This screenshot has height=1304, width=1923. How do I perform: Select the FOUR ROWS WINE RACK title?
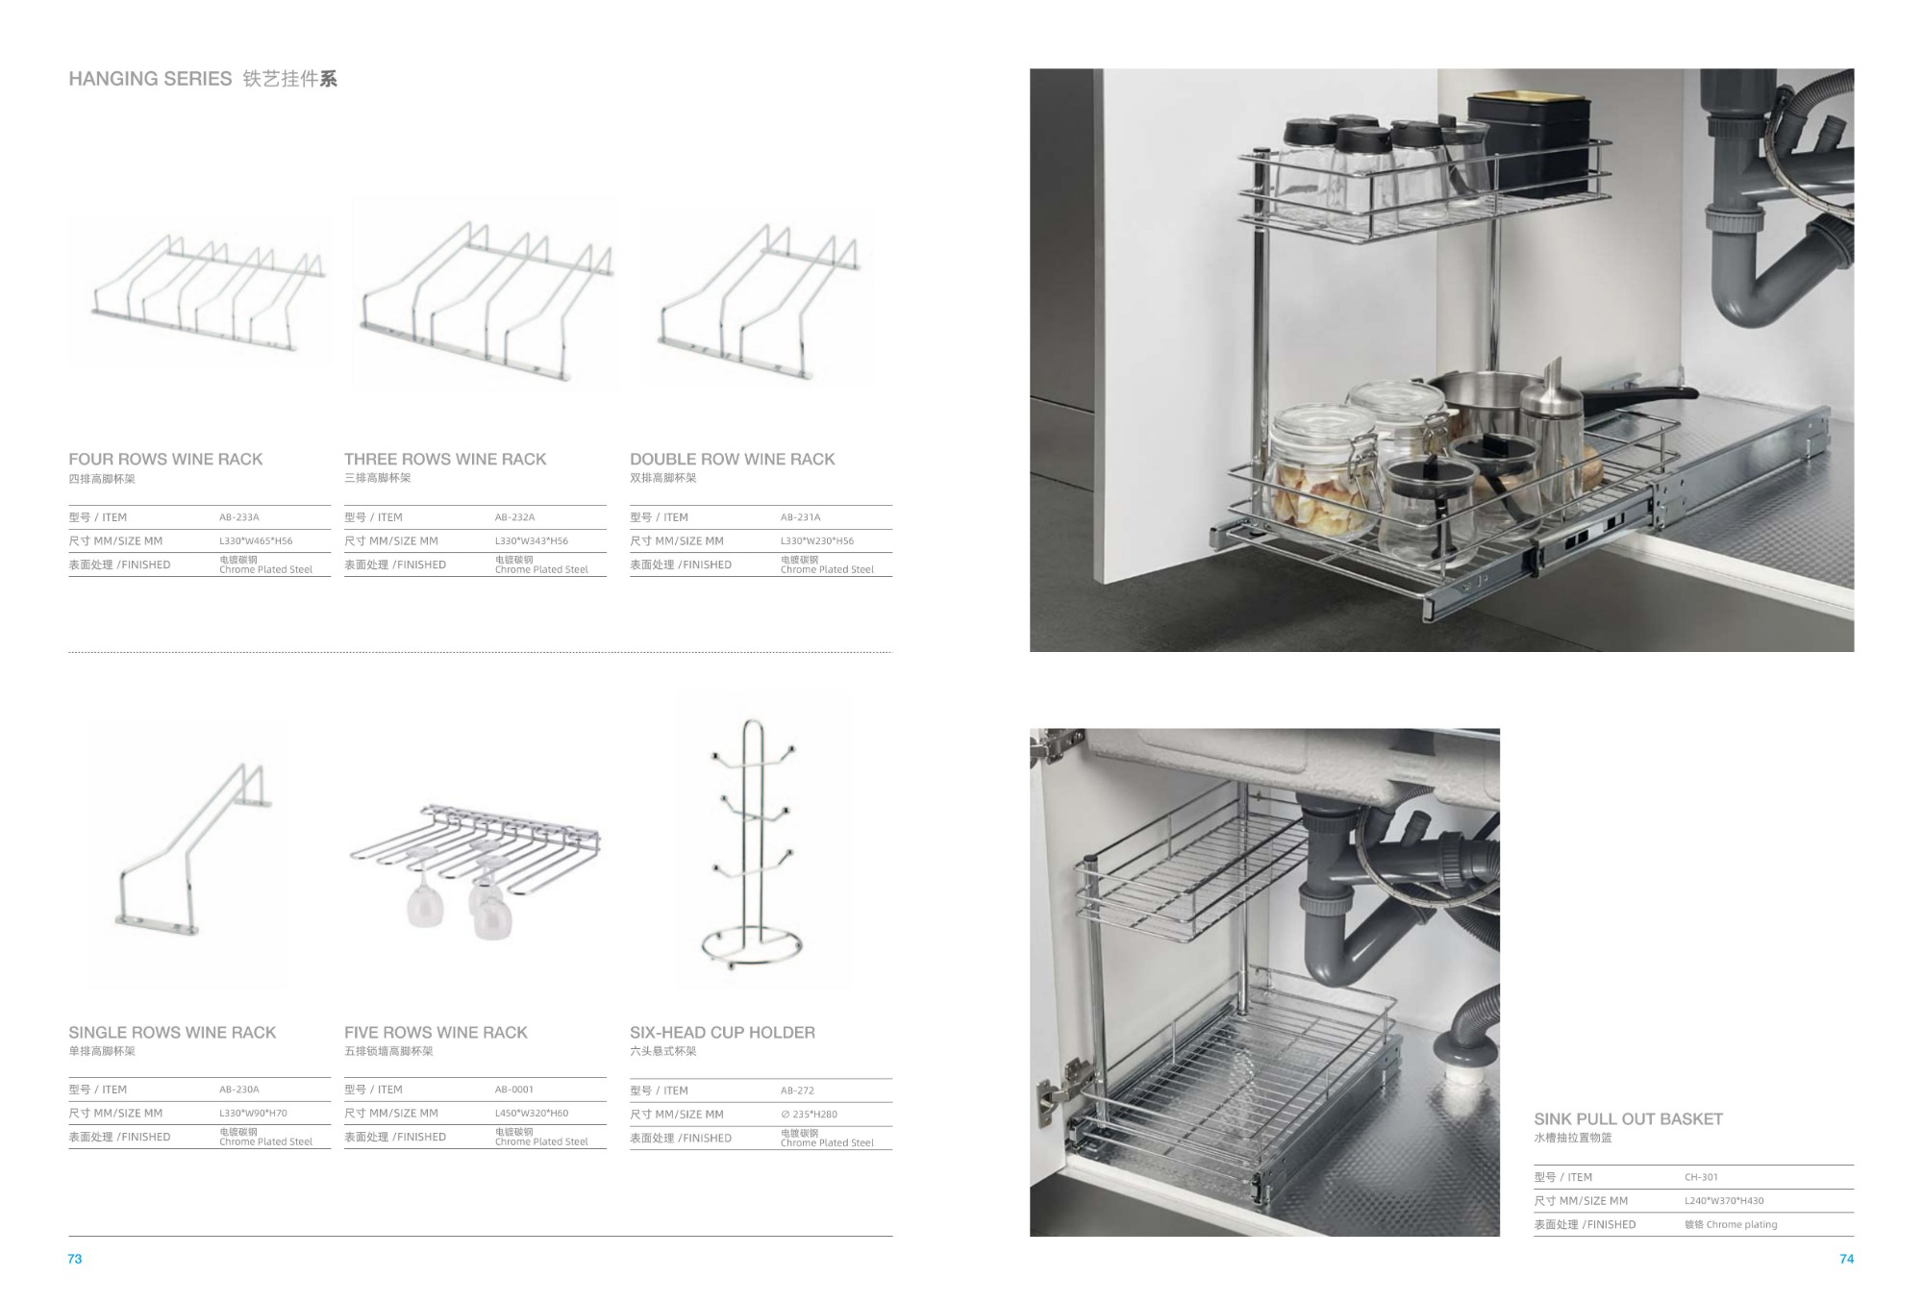tap(165, 460)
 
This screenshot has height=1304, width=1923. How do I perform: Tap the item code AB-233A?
tap(239, 517)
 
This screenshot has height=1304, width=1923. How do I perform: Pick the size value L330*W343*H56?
tap(532, 541)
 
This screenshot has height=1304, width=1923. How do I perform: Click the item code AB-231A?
tap(801, 517)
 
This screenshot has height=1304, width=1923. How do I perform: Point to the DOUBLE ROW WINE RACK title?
tap(733, 460)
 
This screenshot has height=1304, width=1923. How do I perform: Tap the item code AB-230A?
tap(239, 1090)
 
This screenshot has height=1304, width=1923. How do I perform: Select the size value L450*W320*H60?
tap(532, 1114)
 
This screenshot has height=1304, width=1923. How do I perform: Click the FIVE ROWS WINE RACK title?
tap(436, 1033)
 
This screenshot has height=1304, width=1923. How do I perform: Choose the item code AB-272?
tap(797, 1091)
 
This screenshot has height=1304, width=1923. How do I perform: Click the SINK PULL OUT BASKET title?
tap(1629, 1119)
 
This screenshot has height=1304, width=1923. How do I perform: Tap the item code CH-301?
tap(1701, 1177)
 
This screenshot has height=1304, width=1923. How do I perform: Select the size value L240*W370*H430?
tap(1724, 1201)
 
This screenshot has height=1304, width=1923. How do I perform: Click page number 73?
tap(75, 1259)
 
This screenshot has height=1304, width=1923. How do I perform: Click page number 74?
tap(1846, 1259)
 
